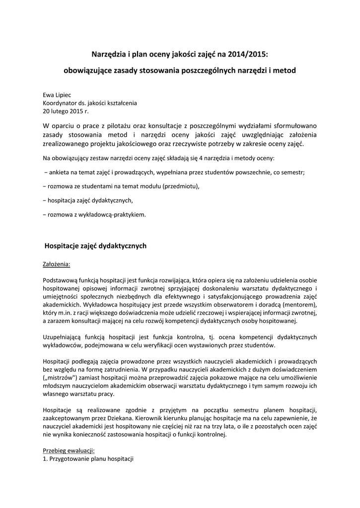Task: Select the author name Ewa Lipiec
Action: [58, 95]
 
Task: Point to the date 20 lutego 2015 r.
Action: [65, 111]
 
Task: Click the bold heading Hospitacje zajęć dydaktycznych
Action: [96, 246]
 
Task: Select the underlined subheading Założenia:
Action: [57, 264]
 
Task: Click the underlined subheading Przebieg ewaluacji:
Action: [69, 451]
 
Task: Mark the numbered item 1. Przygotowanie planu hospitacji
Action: [88, 459]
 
